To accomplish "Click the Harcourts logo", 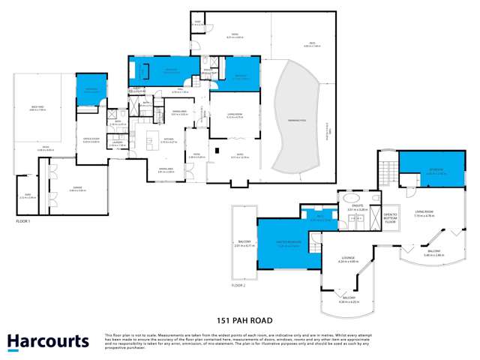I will tap(48, 342).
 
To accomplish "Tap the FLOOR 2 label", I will tap(238, 286).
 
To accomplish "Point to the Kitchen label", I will tap(169, 142).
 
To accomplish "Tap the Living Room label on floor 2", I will tap(424, 214).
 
